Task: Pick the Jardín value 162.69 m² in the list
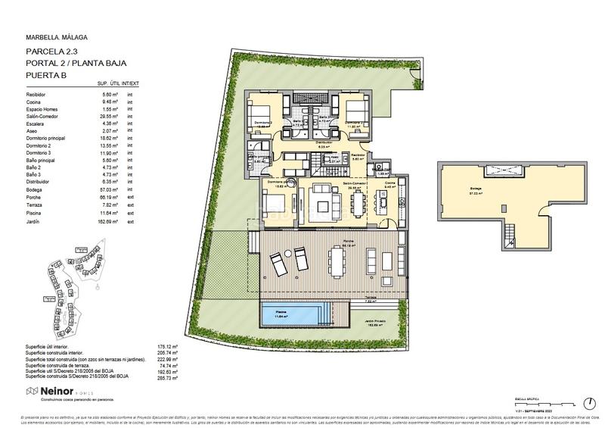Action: coord(111,223)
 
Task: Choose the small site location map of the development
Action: coord(76,288)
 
